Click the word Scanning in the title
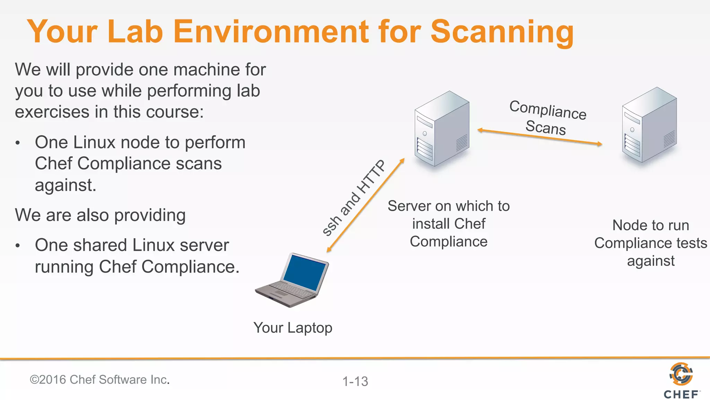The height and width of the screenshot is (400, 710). pos(502,32)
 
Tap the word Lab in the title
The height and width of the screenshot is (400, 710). pos(135,32)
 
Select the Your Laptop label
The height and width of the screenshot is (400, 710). pos(293,328)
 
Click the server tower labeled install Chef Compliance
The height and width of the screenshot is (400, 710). pos(442,128)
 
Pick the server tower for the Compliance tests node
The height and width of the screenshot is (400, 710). pos(649,125)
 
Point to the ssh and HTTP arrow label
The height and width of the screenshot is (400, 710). pos(354,198)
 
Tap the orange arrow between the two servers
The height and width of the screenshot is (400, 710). pos(539,137)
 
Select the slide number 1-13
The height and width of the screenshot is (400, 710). pos(355,381)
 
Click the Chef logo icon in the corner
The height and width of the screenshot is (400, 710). pos(681,374)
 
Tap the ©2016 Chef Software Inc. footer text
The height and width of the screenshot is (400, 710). pos(100,380)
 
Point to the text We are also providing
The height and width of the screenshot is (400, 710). pos(100,215)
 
